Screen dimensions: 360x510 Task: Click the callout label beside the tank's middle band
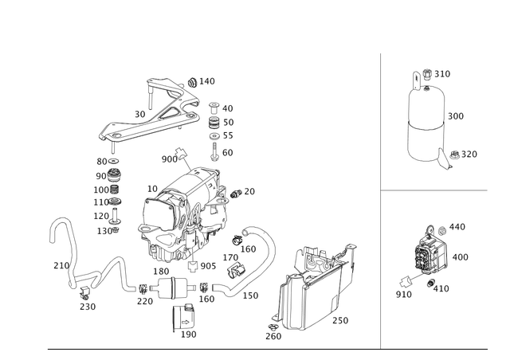tap(456, 116)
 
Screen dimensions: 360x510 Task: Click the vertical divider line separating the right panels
tap(380, 199)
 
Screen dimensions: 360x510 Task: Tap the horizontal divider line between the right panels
tap(434, 191)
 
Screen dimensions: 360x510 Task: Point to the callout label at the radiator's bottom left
tap(273, 335)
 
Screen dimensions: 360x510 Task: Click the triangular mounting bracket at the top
tap(155, 112)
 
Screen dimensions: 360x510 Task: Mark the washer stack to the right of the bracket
tap(214, 127)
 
